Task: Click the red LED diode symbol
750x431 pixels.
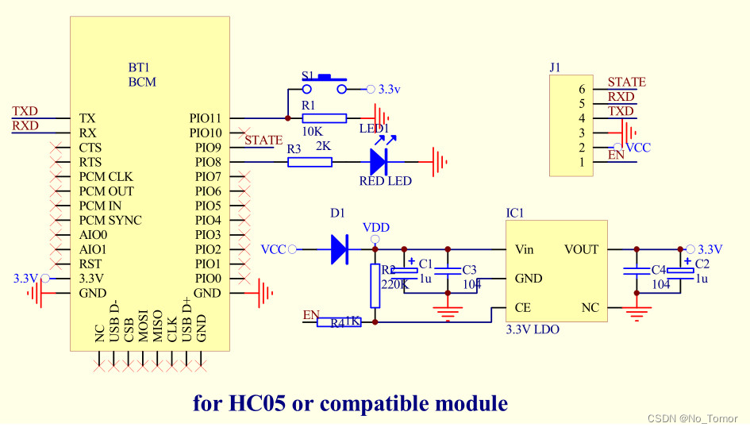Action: coord(378,162)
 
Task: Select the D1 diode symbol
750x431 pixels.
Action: coord(339,249)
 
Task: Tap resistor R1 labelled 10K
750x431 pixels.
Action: coord(325,118)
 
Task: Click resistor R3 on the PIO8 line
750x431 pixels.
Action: coord(310,162)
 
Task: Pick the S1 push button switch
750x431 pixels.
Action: coord(325,83)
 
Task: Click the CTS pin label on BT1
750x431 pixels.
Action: coord(90,148)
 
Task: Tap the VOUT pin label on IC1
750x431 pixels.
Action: coord(581,249)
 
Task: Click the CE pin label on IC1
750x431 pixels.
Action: coord(523,307)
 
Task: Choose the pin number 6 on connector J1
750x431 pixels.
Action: coord(582,89)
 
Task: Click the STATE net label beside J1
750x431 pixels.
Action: coord(626,82)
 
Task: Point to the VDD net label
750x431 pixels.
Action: coord(376,227)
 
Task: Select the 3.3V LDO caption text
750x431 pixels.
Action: coord(533,329)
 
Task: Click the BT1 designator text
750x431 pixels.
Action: coord(139,67)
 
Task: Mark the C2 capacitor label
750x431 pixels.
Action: coord(702,264)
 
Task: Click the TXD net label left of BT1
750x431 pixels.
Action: coord(25,111)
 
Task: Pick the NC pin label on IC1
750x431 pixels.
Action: coord(590,307)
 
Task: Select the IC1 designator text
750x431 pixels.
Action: coord(515,214)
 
